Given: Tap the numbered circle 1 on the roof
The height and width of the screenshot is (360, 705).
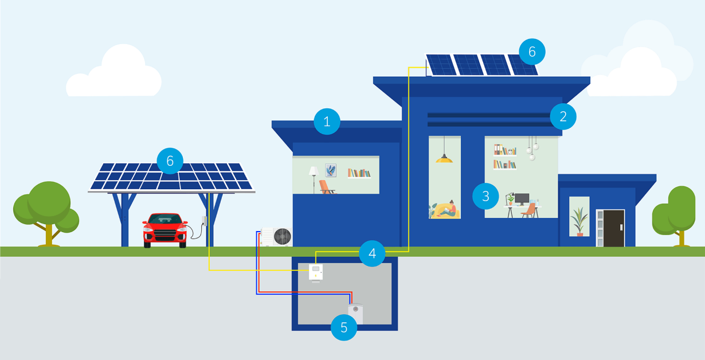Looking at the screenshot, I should click(x=327, y=122).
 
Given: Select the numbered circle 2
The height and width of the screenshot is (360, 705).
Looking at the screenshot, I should click(x=563, y=116).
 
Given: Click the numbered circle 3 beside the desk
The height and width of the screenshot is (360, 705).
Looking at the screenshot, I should click(x=486, y=196).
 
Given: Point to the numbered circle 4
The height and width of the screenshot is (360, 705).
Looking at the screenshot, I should click(x=372, y=253).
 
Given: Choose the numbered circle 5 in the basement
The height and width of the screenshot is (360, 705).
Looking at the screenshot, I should click(x=344, y=327).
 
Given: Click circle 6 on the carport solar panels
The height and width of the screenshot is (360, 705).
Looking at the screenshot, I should click(x=170, y=161).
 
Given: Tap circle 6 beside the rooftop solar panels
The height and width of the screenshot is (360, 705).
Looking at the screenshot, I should click(x=532, y=52).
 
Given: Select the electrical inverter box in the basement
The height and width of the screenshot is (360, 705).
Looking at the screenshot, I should click(x=316, y=272).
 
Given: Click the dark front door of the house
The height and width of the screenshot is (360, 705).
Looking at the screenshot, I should click(x=614, y=228).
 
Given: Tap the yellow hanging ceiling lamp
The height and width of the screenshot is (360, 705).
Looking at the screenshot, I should click(x=444, y=159).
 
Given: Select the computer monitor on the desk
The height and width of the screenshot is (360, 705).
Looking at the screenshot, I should click(x=522, y=199).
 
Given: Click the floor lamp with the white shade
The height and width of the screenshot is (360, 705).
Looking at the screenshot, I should click(x=314, y=175).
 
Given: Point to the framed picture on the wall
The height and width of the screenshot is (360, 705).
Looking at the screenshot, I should click(x=331, y=170).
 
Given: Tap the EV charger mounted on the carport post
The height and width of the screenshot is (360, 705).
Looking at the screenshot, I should click(x=203, y=221).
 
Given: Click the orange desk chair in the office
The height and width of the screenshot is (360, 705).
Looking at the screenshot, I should click(x=529, y=210).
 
